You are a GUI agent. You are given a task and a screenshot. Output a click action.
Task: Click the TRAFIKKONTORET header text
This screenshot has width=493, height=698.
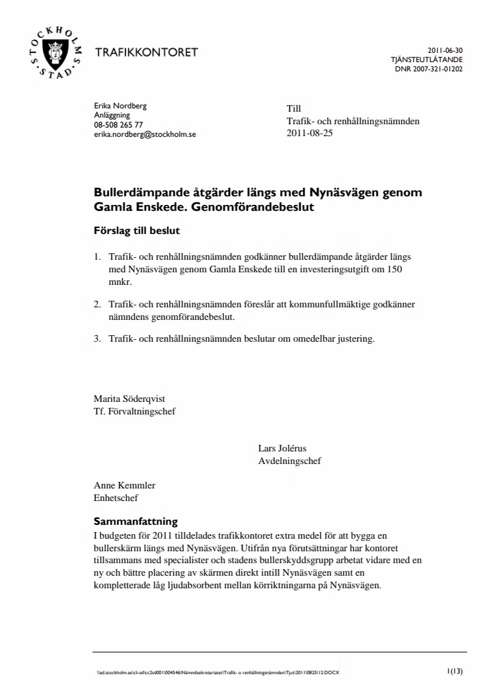147,53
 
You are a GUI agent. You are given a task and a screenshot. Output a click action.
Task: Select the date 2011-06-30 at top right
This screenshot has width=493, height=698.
445,50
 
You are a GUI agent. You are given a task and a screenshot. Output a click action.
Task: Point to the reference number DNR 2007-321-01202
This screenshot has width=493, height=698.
429,67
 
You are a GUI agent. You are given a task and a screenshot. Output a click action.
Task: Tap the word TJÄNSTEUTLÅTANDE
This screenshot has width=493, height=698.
427,59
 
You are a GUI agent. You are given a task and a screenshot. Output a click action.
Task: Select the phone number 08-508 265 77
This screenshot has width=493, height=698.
118,124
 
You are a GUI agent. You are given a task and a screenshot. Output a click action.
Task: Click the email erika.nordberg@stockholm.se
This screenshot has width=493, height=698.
145,134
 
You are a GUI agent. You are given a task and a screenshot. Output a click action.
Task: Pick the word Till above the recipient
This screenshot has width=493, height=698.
293,108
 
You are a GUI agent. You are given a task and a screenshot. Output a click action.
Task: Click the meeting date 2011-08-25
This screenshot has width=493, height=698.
311,132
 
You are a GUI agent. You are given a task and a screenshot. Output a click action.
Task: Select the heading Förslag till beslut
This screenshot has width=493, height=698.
137,231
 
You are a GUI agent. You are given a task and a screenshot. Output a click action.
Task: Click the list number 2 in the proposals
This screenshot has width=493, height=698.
96,304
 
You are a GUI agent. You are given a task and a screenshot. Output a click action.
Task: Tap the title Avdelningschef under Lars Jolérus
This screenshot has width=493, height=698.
289,461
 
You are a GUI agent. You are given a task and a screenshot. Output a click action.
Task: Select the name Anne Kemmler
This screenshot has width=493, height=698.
124,485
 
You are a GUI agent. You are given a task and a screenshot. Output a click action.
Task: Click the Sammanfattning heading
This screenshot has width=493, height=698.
135,521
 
